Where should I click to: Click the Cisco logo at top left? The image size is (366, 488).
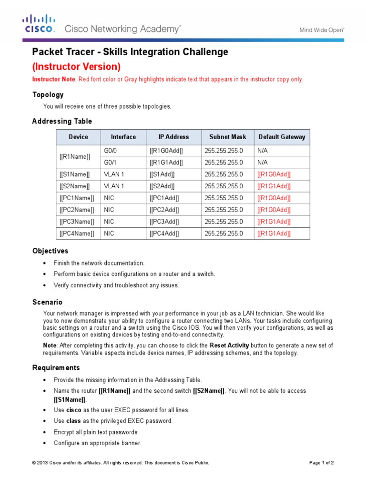coord(39,24)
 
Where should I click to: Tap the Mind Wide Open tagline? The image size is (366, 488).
coord(322,30)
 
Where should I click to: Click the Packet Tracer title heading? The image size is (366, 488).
coord(130,52)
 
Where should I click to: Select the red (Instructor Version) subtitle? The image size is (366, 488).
coord(76,67)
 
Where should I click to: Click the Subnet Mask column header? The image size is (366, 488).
coord(228,137)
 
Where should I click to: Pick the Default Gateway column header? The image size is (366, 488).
coord(282,137)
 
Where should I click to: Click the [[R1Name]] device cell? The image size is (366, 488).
coord(75,157)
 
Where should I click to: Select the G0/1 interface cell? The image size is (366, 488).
coord(111,163)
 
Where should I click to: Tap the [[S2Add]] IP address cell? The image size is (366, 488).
coord(162,186)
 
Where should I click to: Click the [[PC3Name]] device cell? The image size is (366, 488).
coord(77,222)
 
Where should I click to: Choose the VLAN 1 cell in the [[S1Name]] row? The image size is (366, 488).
coord(114,174)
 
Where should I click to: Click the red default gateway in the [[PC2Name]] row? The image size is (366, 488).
coord(274,210)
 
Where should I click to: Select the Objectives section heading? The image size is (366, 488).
coord(50,251)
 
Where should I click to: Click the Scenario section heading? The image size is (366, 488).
coord(47,302)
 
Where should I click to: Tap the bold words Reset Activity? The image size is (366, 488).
coord(229,345)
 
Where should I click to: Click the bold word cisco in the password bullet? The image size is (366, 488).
coord(73,410)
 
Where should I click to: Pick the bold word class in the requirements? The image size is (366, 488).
coord(73,421)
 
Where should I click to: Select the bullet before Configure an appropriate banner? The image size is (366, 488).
coord(45,443)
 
